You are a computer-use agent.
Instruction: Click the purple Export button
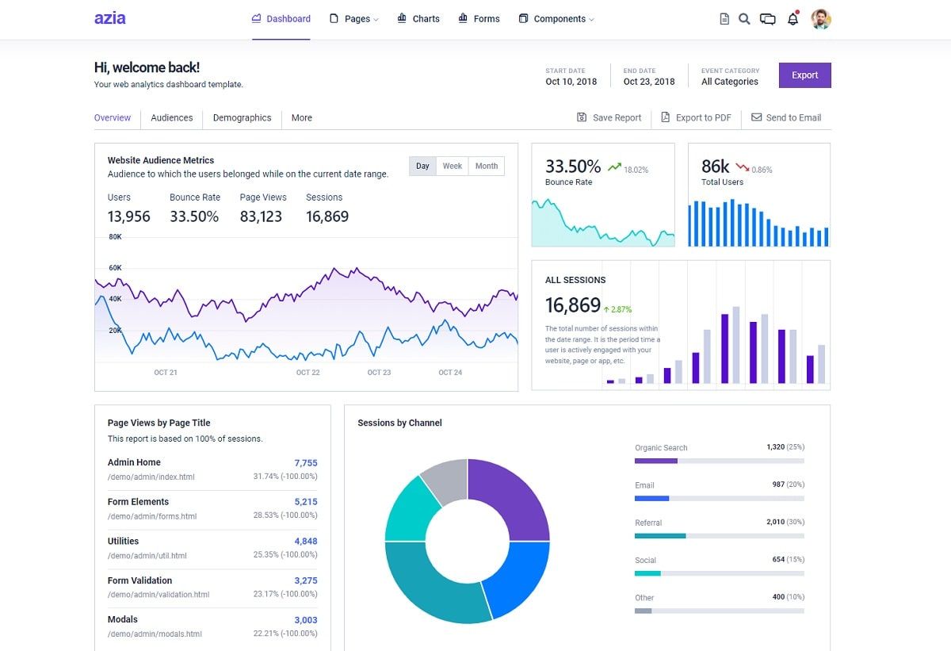point(804,75)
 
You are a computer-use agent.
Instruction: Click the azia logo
point(109,18)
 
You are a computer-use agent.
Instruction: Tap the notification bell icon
point(792,19)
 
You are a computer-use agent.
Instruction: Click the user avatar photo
point(821,19)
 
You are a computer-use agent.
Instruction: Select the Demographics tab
point(242,117)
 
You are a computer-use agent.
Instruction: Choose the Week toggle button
point(453,166)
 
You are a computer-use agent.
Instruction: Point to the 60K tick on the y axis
point(116,268)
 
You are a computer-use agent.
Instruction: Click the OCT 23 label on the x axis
point(379,372)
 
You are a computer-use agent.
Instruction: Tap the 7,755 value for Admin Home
point(305,463)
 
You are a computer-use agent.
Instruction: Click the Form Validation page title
point(139,580)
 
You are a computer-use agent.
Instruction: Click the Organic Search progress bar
point(719,461)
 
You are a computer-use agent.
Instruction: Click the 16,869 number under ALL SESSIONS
point(572,305)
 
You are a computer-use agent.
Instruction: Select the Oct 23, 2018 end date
point(648,82)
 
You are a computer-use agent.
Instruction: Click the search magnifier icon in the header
point(744,19)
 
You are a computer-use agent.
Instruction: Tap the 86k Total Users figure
point(715,167)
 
